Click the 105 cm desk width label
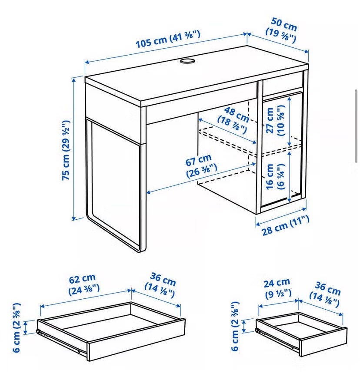coord(168,40)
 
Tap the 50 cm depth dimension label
coord(282,30)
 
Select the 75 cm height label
coord(66,150)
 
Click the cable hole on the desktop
coord(187,61)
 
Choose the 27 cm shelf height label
coord(275,120)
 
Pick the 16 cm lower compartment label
coord(275,177)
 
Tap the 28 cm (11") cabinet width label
coord(285,225)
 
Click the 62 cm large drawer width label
coord(83,284)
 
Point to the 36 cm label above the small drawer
coord(326,294)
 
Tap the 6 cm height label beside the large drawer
coord(17,327)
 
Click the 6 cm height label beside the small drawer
coord(236,326)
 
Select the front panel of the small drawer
coord(323,342)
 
